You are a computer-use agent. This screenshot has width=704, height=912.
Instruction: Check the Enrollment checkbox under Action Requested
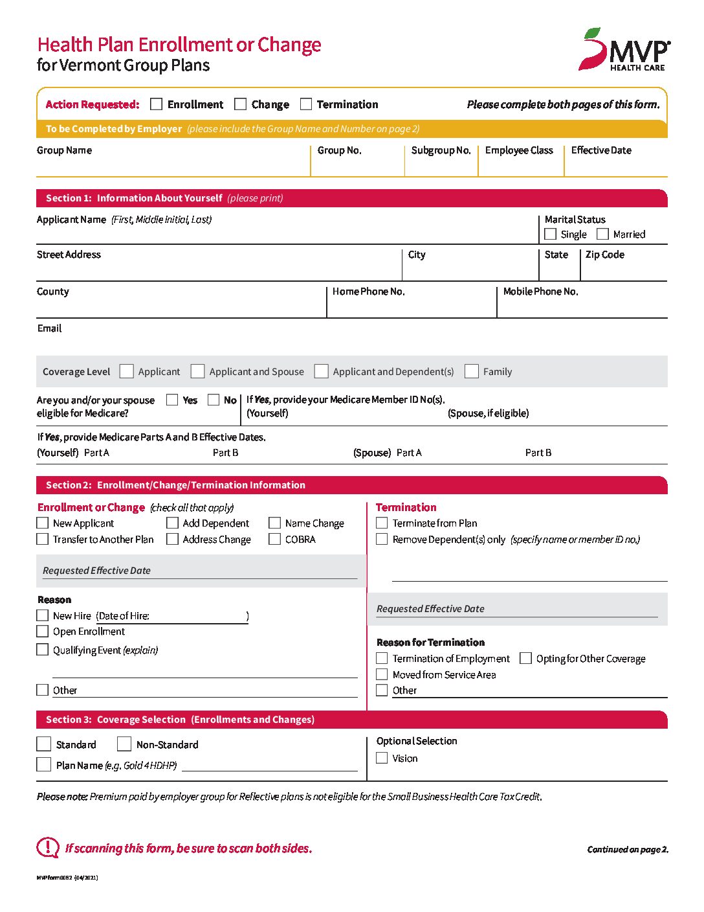tap(156, 104)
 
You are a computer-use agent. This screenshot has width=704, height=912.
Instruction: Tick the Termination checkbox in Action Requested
tap(306, 104)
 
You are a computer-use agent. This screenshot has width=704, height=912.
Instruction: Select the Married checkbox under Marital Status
tap(602, 234)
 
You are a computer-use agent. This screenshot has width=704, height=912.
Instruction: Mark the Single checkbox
tap(551, 234)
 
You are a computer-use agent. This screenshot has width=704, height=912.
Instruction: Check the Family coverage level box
tap(472, 371)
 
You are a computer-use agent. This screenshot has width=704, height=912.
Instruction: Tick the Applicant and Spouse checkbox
tap(198, 371)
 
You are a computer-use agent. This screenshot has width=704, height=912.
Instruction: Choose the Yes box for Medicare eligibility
tap(172, 400)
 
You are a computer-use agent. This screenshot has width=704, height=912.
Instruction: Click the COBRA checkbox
tap(275, 539)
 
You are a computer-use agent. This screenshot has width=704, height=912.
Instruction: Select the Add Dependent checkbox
tap(172, 523)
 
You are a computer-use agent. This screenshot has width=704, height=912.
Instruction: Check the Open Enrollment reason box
tap(43, 632)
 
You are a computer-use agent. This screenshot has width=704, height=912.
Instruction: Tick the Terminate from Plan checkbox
tap(382, 523)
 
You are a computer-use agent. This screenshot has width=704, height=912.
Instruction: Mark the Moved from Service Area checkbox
tap(382, 674)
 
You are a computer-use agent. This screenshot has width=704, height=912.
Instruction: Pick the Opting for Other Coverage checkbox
tap(525, 658)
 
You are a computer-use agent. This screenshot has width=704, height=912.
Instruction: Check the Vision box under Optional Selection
tap(382, 758)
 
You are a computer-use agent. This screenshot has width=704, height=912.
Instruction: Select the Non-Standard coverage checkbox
tap(124, 744)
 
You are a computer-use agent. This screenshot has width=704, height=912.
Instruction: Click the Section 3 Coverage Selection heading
tap(180, 720)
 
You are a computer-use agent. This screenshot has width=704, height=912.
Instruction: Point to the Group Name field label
tap(64, 150)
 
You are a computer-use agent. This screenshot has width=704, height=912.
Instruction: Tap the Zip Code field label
tap(604, 255)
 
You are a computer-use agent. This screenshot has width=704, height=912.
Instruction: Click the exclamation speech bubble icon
tap(48, 847)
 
